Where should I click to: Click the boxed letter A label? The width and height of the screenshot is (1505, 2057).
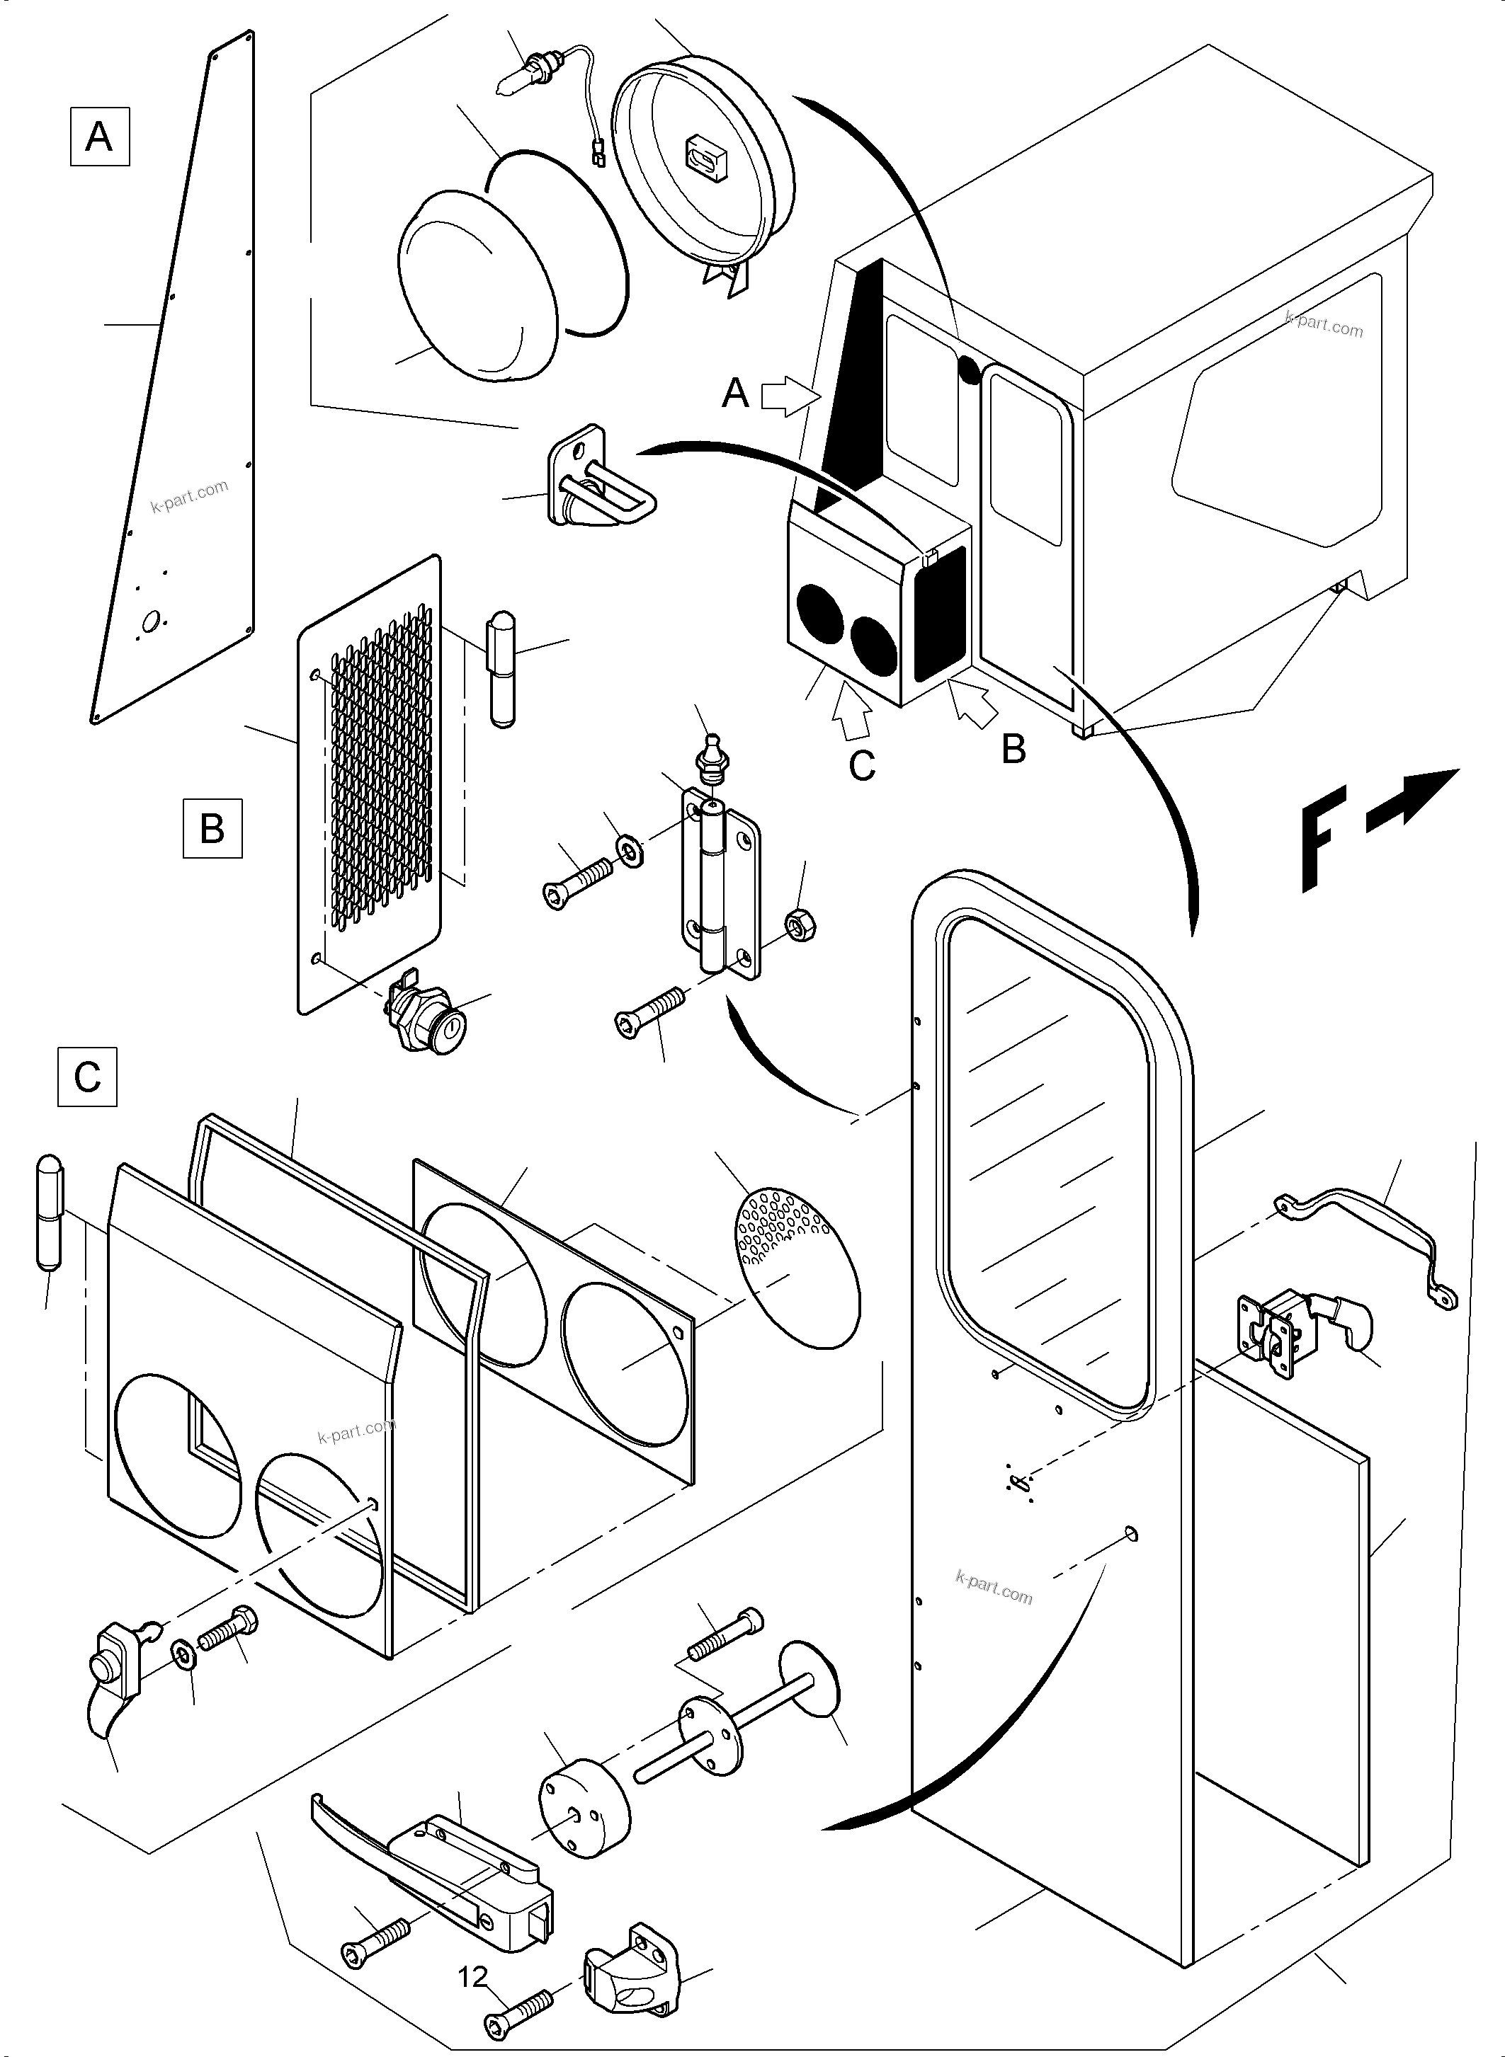click(x=99, y=137)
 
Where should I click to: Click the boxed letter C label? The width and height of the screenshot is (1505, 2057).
click(x=87, y=1077)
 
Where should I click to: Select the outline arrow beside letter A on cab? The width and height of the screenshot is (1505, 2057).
click(x=783, y=398)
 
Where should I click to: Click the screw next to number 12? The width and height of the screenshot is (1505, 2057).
click(x=519, y=2006)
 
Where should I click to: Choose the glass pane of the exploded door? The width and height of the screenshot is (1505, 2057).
click(x=1047, y=1166)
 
